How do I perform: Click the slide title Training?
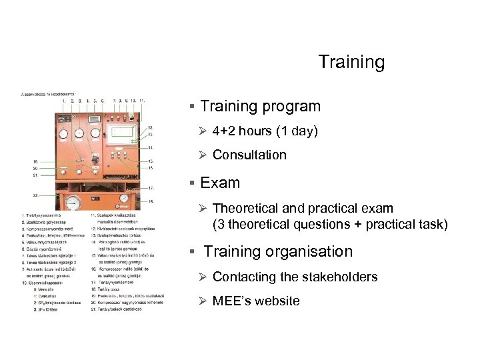click(x=351, y=63)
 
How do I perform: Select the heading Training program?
click(x=260, y=107)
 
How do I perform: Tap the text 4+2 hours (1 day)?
click(x=265, y=131)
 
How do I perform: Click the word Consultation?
click(x=249, y=155)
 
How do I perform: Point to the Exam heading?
click(x=220, y=183)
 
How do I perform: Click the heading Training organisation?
click(x=278, y=252)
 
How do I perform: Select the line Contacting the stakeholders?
click(x=295, y=277)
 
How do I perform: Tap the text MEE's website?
click(x=256, y=301)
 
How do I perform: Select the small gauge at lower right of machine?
click(x=125, y=199)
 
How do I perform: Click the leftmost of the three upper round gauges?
click(x=64, y=133)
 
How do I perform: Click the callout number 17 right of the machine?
click(x=151, y=188)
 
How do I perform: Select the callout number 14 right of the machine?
click(x=151, y=147)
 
